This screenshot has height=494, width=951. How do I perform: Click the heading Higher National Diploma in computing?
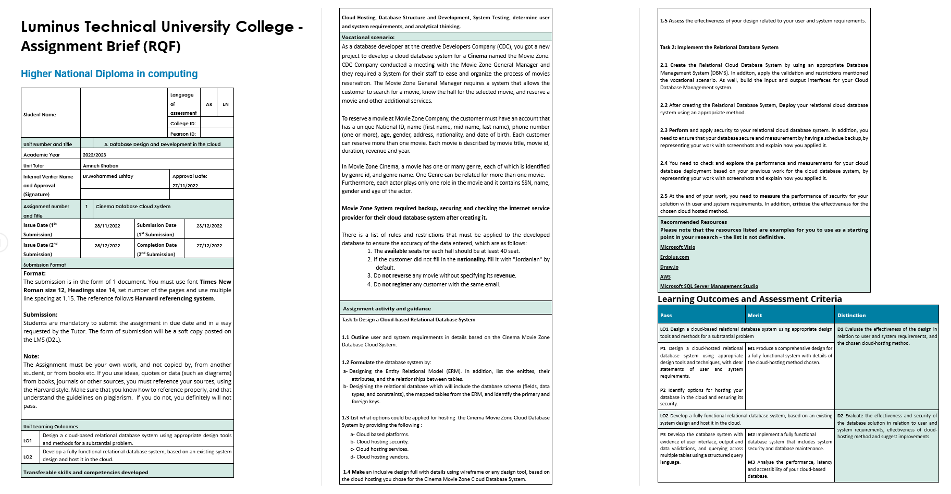click(109, 74)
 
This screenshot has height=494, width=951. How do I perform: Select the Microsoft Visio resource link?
click(677, 247)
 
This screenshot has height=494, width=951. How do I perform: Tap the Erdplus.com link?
click(674, 257)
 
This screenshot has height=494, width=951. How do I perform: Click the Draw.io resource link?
click(669, 267)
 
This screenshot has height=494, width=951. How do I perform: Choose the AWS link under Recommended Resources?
click(665, 277)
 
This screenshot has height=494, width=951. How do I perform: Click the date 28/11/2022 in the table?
click(107, 226)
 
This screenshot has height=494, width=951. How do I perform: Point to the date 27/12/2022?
click(209, 246)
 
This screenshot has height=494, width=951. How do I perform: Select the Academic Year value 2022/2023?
click(94, 155)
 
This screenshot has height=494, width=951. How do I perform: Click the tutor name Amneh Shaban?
click(101, 166)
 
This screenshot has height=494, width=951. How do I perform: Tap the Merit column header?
click(755, 316)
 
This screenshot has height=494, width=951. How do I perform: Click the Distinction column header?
click(851, 316)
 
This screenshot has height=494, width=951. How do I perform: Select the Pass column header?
click(666, 316)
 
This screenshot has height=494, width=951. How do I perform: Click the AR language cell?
click(209, 104)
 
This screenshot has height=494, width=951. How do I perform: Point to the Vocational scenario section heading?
click(368, 38)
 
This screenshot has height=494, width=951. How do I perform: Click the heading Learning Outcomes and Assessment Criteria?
click(749, 299)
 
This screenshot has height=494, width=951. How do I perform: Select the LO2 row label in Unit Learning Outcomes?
click(28, 457)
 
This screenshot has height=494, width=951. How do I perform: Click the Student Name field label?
click(40, 115)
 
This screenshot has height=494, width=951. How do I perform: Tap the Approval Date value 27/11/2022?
click(185, 186)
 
